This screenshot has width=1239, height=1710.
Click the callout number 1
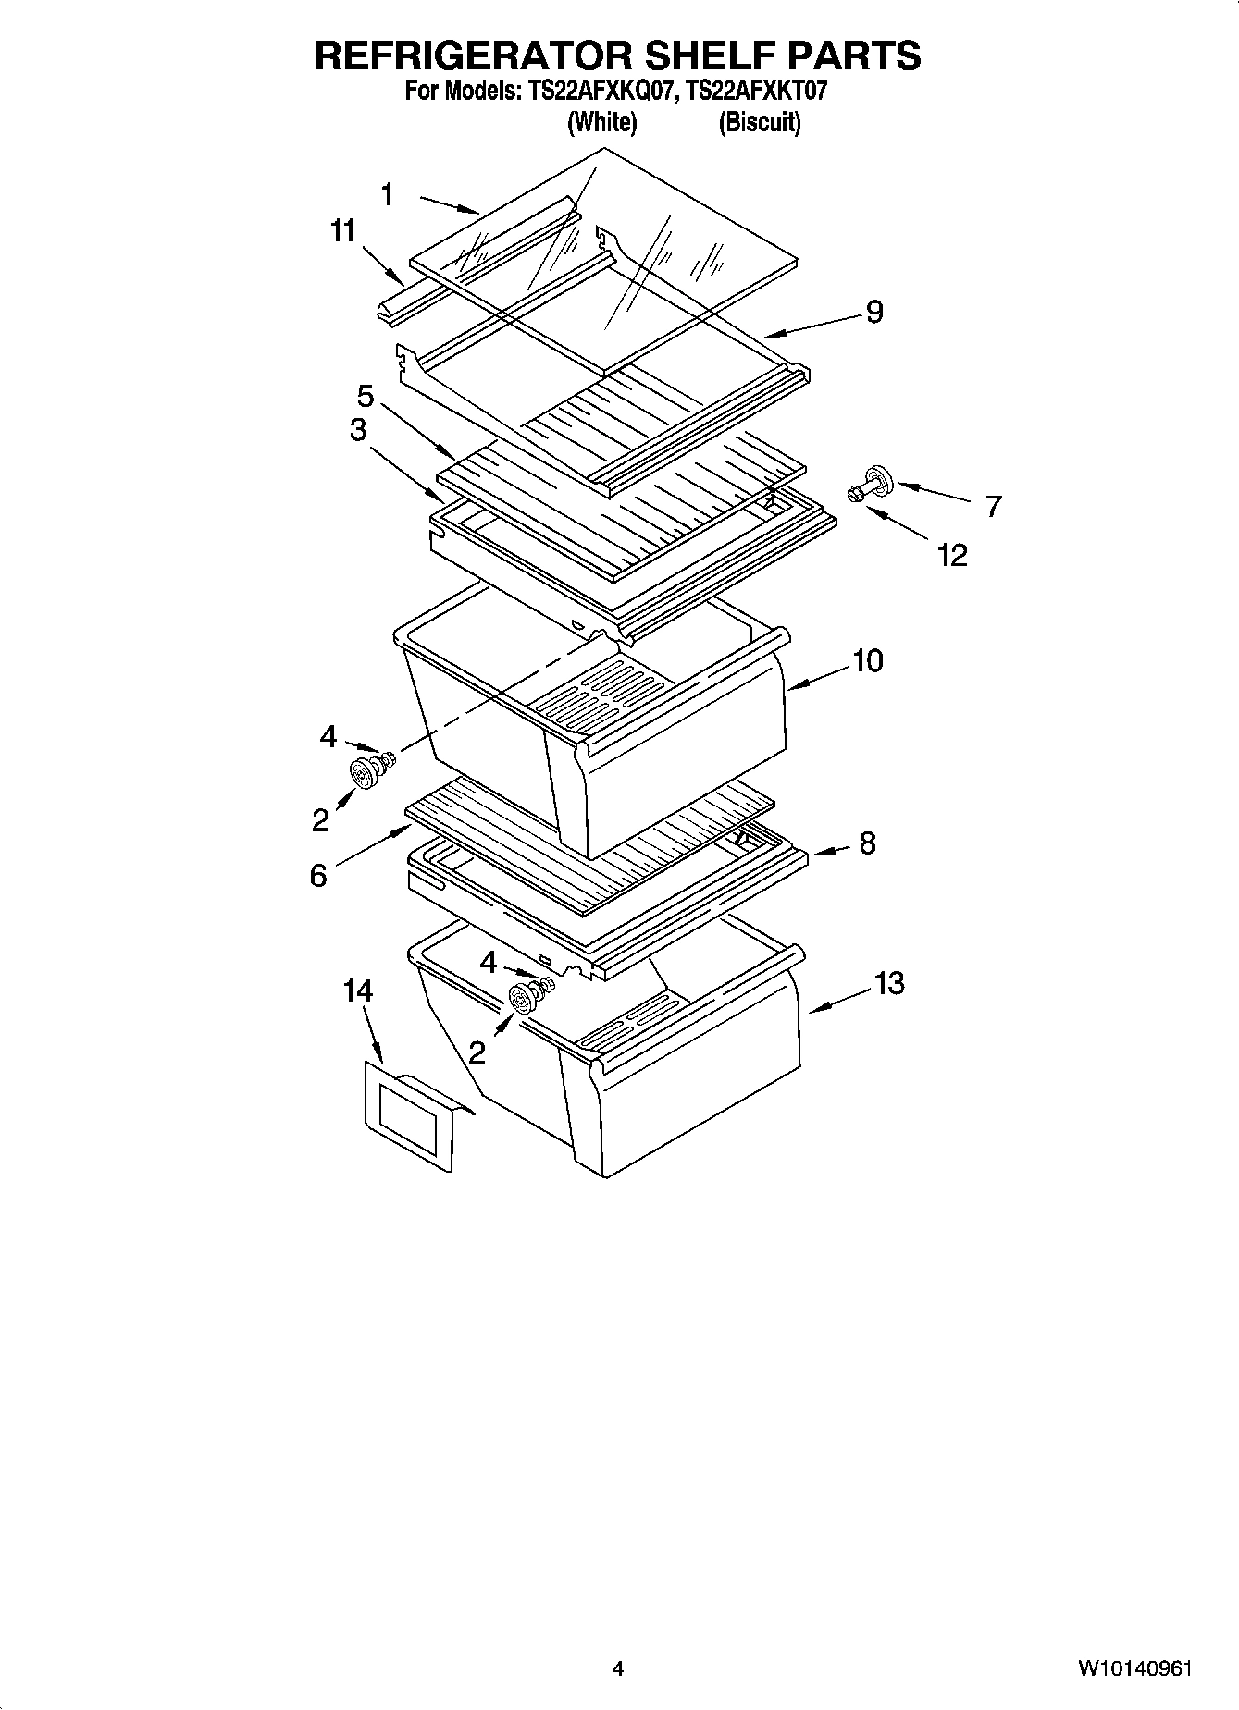click(x=388, y=195)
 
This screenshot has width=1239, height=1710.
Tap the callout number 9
click(x=874, y=313)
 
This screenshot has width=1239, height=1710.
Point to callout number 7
click(x=993, y=507)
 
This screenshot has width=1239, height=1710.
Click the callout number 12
click(x=952, y=555)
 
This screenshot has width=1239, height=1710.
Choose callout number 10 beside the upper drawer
click(x=867, y=661)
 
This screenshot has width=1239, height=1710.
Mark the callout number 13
click(x=888, y=984)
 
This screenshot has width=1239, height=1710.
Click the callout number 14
click(x=357, y=991)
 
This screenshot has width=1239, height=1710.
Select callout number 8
click(x=866, y=843)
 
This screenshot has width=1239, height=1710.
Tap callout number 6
click(x=318, y=875)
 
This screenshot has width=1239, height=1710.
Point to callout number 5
click(x=366, y=398)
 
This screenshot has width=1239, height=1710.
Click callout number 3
click(x=357, y=431)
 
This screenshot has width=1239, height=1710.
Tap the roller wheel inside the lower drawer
click(x=525, y=999)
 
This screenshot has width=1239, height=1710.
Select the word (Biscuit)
click(x=759, y=122)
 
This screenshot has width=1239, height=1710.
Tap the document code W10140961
click(x=1134, y=1669)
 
